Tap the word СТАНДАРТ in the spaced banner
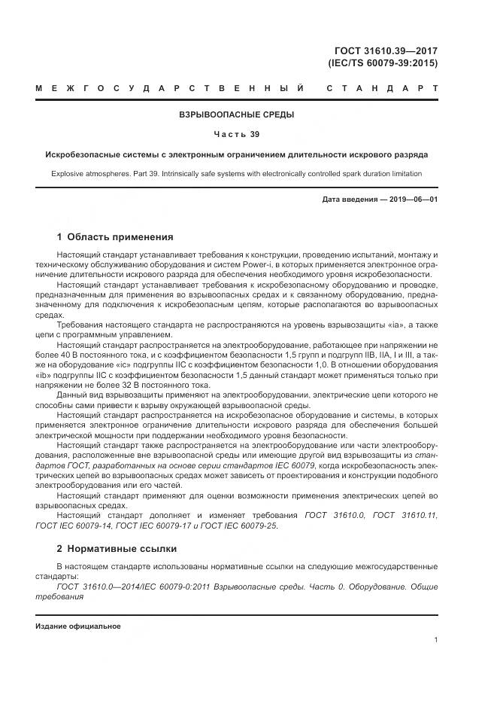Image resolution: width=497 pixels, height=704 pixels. (x=382, y=90)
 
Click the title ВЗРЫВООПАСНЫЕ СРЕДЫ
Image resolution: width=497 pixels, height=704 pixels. (x=236, y=114)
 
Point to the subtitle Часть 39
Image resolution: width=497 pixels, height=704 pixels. (x=236, y=135)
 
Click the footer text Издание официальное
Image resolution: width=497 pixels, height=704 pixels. (x=77, y=626)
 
